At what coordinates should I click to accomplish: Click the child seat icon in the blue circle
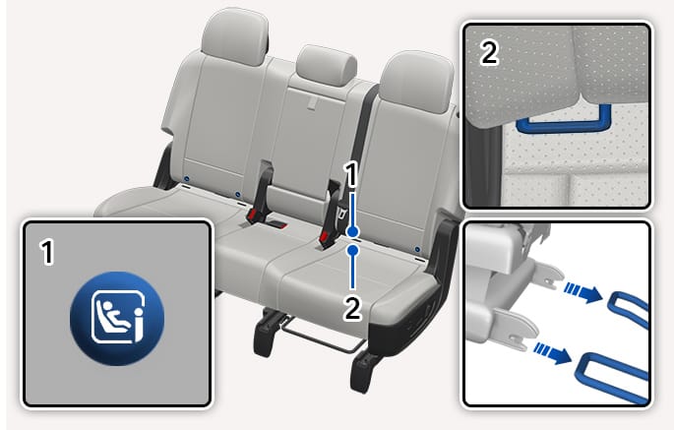(117, 318)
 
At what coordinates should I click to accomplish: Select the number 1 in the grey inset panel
(47, 253)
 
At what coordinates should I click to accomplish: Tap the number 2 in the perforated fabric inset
(489, 53)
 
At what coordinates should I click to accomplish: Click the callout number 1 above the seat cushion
(352, 176)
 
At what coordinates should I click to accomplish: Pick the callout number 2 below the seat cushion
(352, 309)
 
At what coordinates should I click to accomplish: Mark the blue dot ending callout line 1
(353, 232)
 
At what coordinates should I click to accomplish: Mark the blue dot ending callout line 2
(353, 250)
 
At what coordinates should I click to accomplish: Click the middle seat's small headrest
(326, 66)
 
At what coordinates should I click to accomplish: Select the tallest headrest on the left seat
(235, 36)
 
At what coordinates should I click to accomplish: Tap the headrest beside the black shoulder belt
(416, 82)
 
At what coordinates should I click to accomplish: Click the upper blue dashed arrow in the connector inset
(583, 292)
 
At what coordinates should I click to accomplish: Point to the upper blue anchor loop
(628, 308)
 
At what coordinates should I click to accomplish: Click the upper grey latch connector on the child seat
(547, 275)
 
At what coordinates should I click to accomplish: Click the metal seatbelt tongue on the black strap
(341, 214)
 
